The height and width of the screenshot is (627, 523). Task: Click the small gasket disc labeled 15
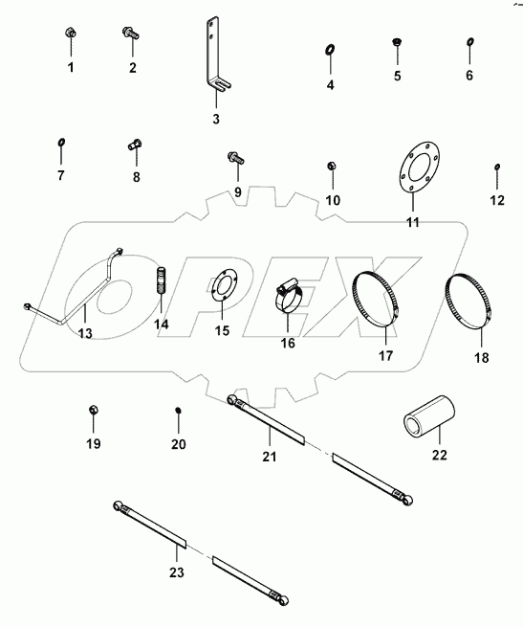(x=221, y=291)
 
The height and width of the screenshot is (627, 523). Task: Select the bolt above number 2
(x=132, y=34)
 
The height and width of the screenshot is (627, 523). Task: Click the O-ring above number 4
(x=330, y=50)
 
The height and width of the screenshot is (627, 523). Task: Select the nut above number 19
(x=93, y=410)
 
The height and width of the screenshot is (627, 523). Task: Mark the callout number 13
(x=84, y=333)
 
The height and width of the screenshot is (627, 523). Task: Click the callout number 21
(x=270, y=457)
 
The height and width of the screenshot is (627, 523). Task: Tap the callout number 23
(x=176, y=572)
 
